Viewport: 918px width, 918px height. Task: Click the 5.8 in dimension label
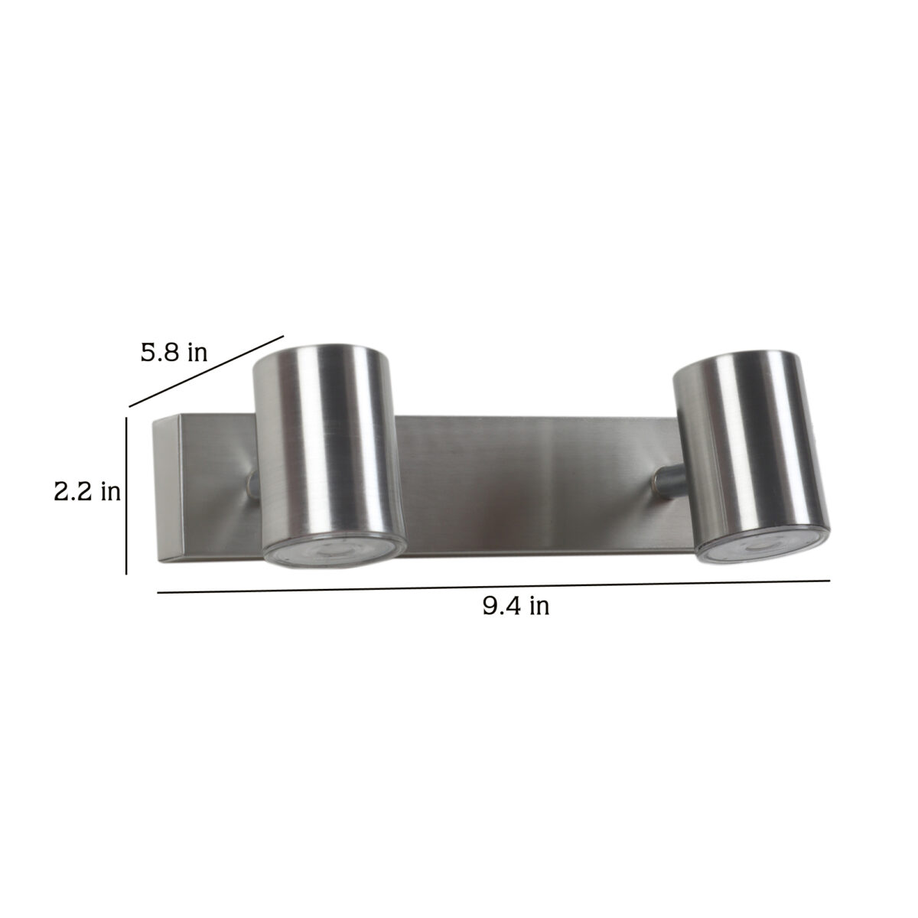(174, 353)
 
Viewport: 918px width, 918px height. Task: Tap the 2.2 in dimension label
(87, 491)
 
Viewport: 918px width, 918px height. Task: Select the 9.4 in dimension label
(516, 606)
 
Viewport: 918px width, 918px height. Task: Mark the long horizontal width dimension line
(493, 587)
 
